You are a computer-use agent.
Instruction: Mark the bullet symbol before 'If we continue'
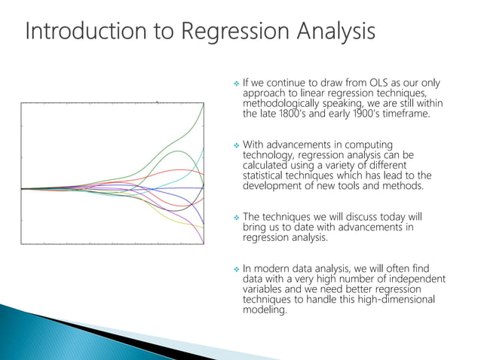pyautogui.click(x=236, y=83)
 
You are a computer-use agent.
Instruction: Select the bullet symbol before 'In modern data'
pyautogui.click(x=236, y=269)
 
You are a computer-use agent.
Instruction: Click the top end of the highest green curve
pyautogui.click(x=204, y=103)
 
